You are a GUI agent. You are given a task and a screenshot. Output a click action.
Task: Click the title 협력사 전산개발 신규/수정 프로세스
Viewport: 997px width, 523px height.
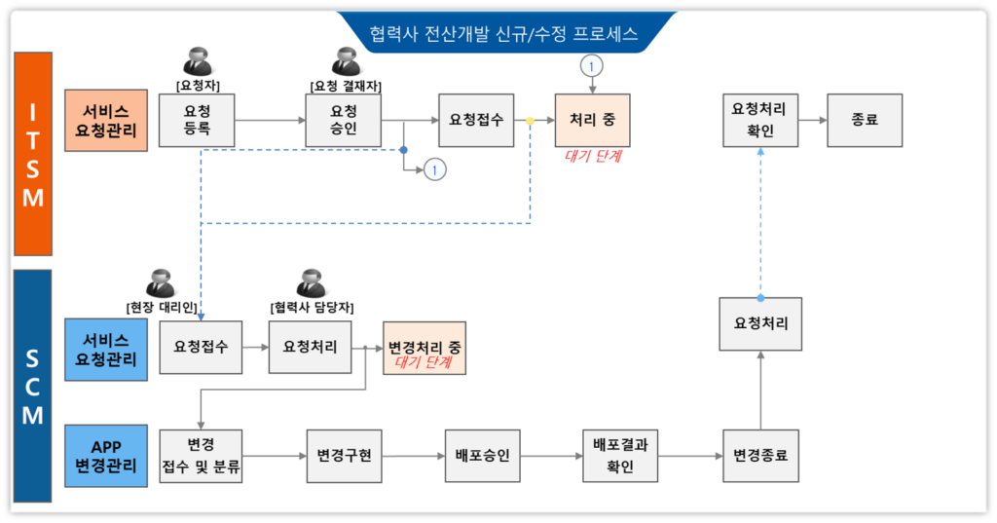[503, 34]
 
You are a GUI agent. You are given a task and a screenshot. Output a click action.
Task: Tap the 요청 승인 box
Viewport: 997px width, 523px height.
[344, 120]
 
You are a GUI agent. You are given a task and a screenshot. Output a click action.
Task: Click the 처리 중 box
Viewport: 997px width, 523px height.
[592, 120]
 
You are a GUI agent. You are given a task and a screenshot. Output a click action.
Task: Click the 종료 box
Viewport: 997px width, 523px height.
[865, 120]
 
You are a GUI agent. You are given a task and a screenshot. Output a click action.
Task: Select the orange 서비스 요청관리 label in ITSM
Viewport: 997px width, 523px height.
[105, 120]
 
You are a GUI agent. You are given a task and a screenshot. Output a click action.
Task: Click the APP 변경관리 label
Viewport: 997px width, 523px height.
[105, 454]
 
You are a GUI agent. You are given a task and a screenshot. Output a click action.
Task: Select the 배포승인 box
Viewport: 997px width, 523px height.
[482, 455]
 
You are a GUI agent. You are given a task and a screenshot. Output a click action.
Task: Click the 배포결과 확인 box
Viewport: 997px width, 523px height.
[620, 455]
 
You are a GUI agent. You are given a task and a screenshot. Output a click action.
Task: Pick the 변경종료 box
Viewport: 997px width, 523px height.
[760, 455]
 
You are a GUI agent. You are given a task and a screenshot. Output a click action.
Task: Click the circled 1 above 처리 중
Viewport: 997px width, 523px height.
[592, 65]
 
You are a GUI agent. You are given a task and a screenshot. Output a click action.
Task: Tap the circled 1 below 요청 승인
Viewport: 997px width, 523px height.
[435, 169]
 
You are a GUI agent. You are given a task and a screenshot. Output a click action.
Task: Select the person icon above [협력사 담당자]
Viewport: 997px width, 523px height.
[311, 282]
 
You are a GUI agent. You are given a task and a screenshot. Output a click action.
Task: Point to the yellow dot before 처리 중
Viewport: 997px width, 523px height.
[530, 121]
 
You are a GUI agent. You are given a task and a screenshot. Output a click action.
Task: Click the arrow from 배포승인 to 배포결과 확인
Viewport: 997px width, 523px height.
[550, 455]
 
